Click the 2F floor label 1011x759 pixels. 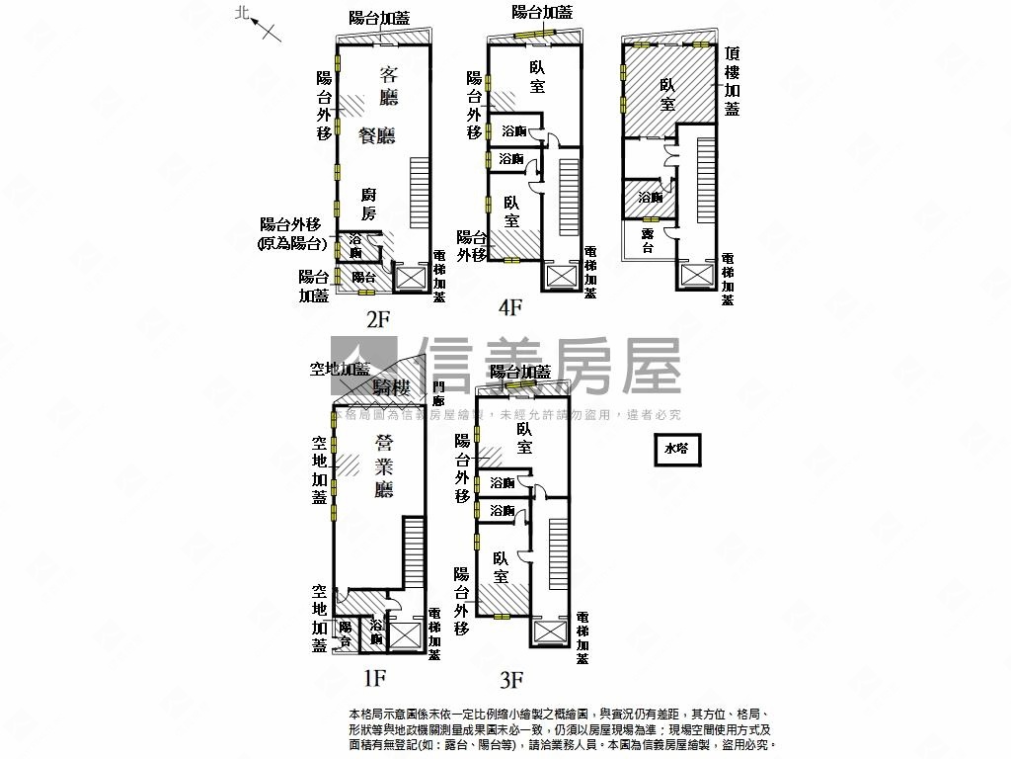coord(379,318)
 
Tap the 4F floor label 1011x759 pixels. coord(509,307)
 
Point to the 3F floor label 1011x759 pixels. coord(510,679)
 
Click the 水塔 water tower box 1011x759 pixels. coord(676,449)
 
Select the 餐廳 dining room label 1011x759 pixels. coord(377,135)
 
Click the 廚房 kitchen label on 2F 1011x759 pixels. coord(367,204)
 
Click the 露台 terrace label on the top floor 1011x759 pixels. coord(648,240)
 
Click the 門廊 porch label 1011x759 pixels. coord(439,393)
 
